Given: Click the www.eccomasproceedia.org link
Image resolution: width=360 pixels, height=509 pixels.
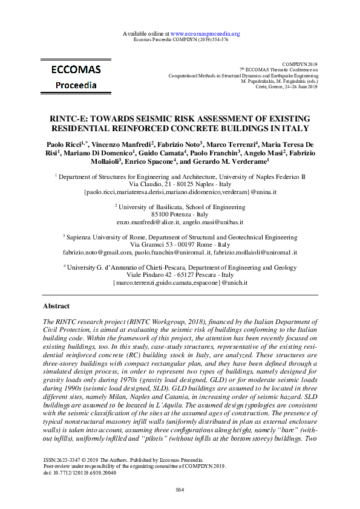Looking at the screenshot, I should point(206,34).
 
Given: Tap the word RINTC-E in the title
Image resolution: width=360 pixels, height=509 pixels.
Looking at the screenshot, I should point(67,118).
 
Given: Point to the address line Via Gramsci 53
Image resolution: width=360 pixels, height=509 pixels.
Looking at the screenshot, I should point(158,244).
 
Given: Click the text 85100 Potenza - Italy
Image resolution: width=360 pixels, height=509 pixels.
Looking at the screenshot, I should point(180,214).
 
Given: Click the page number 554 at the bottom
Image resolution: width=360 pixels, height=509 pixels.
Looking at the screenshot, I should point(180,489).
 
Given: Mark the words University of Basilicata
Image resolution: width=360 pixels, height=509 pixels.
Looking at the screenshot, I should point(153,206).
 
